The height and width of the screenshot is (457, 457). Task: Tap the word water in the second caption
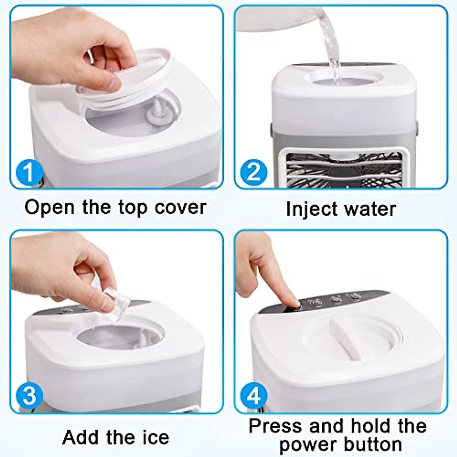pos(369,209)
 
